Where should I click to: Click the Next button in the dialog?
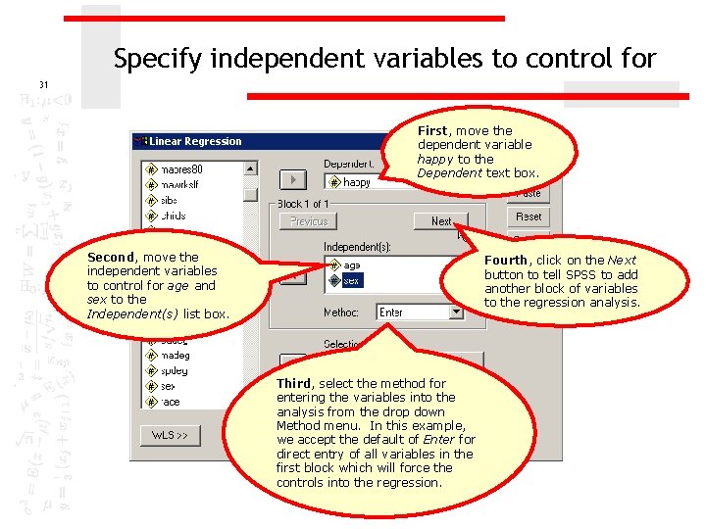point(440,221)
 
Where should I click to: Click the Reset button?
point(528,216)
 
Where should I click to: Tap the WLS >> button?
point(169,434)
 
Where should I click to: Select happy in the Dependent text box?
point(358,182)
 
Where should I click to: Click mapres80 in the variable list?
point(181,169)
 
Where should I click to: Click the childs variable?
point(175,216)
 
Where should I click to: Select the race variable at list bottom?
point(172,402)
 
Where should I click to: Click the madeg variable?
point(176,356)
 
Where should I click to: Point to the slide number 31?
point(43,84)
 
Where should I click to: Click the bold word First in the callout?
point(432,130)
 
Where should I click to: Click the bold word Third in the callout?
point(293,383)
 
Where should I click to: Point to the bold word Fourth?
point(506,261)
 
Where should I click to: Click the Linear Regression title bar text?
point(195,141)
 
